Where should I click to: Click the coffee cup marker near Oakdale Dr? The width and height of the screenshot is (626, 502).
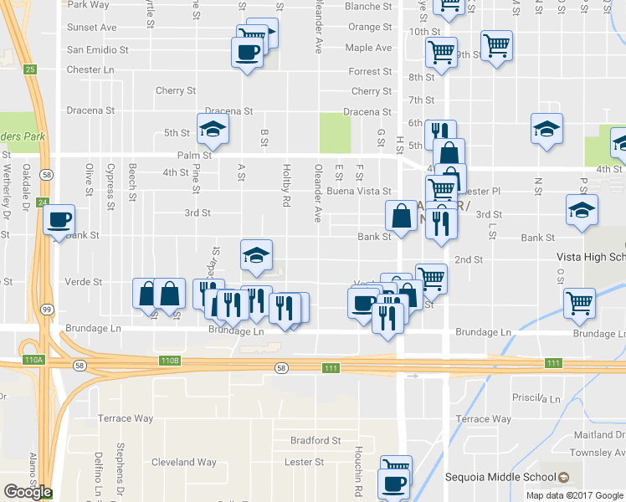click(59, 220)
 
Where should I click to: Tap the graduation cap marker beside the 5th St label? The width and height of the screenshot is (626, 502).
click(213, 130)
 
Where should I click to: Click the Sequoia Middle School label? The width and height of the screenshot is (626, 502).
click(510, 478)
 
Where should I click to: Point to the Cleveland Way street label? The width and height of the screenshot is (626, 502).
click(184, 462)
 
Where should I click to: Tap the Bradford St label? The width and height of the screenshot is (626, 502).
click(316, 440)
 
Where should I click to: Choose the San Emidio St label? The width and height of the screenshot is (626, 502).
click(97, 49)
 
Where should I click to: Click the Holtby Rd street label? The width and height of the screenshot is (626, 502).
click(286, 185)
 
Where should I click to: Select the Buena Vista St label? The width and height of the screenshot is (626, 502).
click(359, 192)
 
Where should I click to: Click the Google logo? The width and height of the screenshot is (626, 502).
click(27, 492)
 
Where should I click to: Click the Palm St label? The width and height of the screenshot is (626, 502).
click(193, 155)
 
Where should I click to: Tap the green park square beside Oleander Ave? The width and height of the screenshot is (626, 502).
click(335, 132)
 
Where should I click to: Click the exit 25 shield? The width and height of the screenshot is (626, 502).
click(30, 69)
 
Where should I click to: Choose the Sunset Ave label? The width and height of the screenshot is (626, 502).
click(92, 28)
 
